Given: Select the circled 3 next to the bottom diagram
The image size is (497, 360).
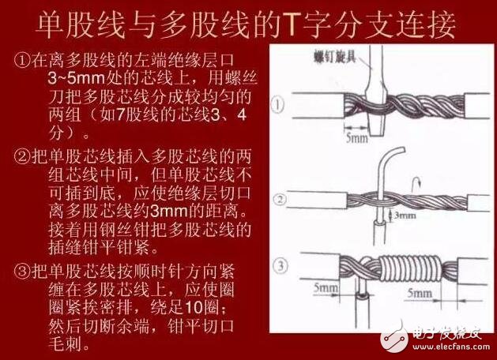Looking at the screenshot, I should (277, 262).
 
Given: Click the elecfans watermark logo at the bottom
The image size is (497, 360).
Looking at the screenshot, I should (431, 336).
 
